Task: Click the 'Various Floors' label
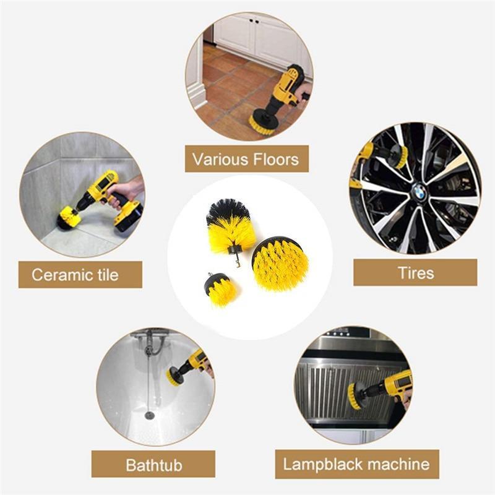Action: pyautogui.click(x=246, y=159)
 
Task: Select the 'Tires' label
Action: pyautogui.click(x=415, y=272)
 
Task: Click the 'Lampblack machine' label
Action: pyautogui.click(x=356, y=463)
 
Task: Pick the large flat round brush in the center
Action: pyautogui.click(x=280, y=262)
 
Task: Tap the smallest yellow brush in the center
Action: pyautogui.click(x=220, y=290)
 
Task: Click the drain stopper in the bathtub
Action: pyautogui.click(x=149, y=415)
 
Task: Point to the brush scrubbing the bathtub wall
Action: pyautogui.click(x=174, y=375)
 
